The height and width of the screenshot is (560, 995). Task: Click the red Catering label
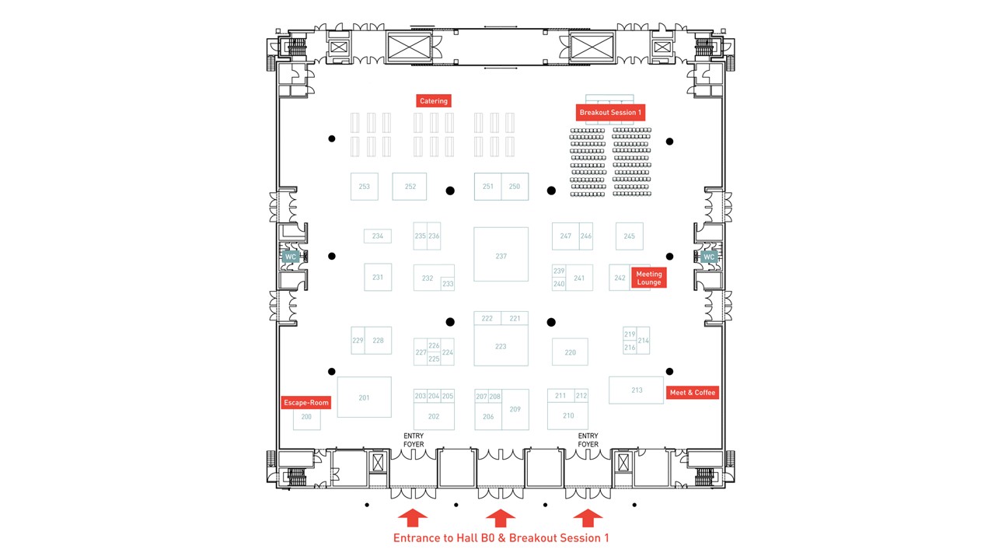434,101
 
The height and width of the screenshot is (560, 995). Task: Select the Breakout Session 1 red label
610,113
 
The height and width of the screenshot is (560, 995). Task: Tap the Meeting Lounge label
648,278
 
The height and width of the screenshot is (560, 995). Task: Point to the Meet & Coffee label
692,393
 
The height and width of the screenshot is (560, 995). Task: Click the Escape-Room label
305,402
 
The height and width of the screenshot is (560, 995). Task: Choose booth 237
501,256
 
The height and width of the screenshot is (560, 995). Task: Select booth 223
501,347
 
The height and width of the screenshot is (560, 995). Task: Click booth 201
364,398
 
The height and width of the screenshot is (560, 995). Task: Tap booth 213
637,390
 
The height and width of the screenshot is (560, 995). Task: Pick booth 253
364,187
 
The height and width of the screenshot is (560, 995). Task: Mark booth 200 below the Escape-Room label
306,418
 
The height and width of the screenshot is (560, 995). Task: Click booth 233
448,284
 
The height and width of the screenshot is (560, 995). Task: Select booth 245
629,236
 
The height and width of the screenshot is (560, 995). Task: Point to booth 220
570,352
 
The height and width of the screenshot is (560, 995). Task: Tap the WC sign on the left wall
291,257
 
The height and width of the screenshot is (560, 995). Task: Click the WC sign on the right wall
708,257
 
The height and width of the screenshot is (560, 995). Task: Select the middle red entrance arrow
500,517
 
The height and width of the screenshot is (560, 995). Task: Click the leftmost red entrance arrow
412,517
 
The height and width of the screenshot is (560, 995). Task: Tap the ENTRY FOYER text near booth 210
588,440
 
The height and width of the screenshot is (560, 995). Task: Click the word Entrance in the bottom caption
418,538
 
